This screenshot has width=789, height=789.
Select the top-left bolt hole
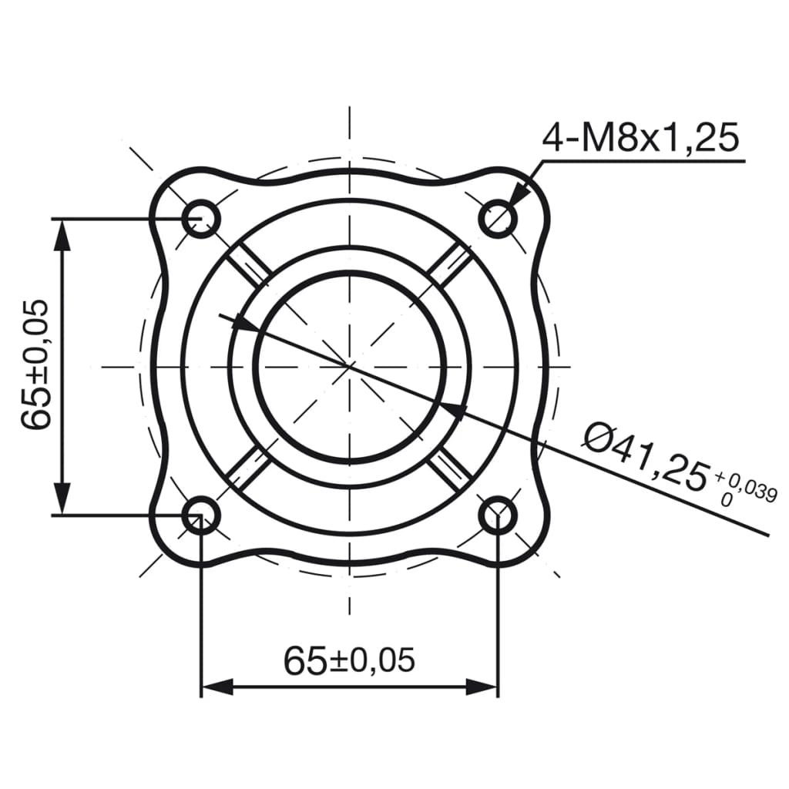tap(202, 218)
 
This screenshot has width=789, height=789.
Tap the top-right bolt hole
tap(499, 218)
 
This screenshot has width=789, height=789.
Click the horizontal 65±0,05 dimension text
tap(349, 660)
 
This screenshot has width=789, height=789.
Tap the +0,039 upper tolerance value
tap(746, 489)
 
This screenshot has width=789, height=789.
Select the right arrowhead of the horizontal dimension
tap(483, 686)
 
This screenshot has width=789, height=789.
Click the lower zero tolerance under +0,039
tap(724, 499)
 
